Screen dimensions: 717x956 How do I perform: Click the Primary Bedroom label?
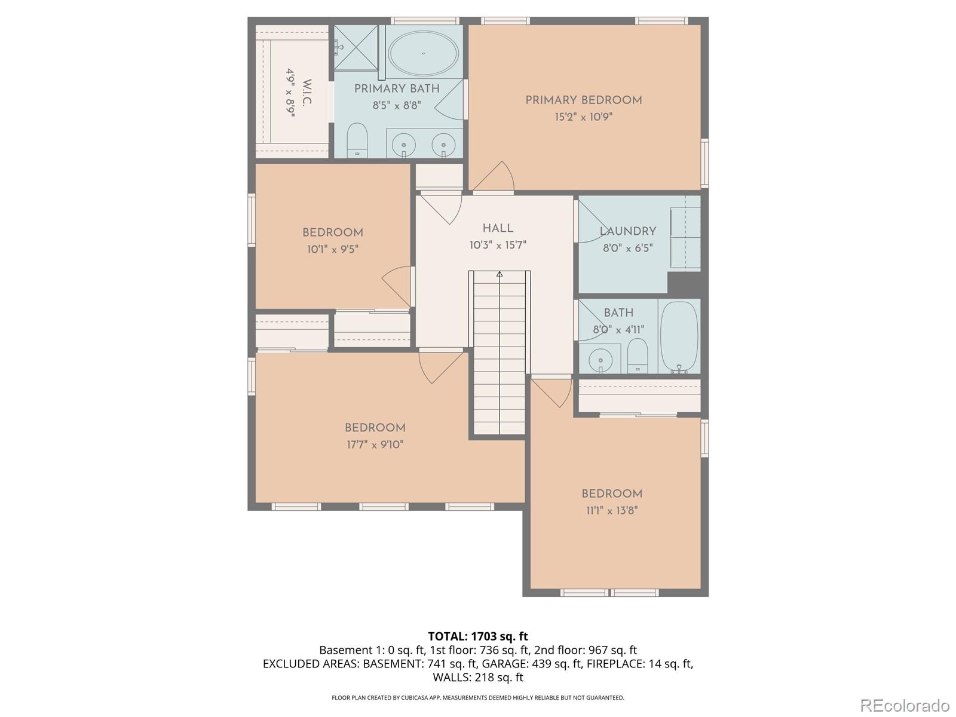[x=583, y=100]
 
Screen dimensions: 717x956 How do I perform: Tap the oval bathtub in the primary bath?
[x=423, y=54]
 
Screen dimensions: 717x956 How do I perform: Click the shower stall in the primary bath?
[x=356, y=47]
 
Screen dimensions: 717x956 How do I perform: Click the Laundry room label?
[x=627, y=231]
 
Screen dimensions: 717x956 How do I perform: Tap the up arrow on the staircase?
[x=500, y=274]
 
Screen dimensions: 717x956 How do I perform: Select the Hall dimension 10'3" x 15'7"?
[x=498, y=245]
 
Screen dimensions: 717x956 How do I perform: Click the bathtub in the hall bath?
[x=679, y=338]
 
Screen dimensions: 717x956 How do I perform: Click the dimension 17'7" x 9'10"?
[x=375, y=445]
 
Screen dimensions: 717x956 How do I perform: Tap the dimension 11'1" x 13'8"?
[x=612, y=510]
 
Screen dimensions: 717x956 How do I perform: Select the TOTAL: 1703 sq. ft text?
[x=477, y=636]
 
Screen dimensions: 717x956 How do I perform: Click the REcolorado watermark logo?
[x=904, y=705]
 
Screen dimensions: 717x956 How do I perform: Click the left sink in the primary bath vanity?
[x=405, y=145]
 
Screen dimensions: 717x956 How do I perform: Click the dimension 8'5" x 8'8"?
[x=397, y=105]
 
